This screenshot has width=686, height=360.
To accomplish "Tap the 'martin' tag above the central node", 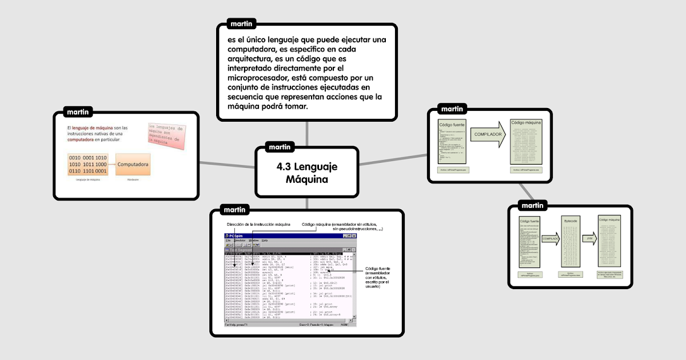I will pyautogui.click(x=280, y=147).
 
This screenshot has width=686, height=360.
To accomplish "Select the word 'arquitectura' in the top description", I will pyautogui.click(x=252, y=58).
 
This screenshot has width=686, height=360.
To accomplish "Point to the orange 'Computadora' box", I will pyautogui.click(x=133, y=165).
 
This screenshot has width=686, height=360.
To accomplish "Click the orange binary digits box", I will pyautogui.click(x=87, y=165).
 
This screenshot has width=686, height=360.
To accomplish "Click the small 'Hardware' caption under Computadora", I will pyautogui.click(x=133, y=179).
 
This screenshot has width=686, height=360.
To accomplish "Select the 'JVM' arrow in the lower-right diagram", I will pyautogui.click(x=589, y=238).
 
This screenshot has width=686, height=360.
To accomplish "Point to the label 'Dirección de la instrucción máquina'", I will pyautogui.click(x=258, y=224).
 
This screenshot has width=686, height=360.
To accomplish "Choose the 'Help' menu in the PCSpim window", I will pyautogui.click(x=265, y=241).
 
